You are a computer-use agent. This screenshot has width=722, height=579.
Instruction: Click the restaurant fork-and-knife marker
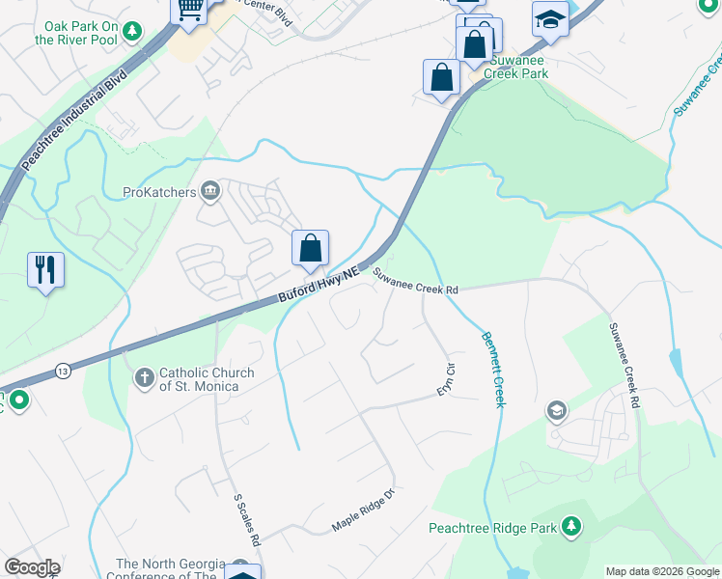(x=45, y=269)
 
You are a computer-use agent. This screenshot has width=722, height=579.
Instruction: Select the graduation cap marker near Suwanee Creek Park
(x=549, y=19)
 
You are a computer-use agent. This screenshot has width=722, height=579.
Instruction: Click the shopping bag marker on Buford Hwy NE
(x=311, y=249)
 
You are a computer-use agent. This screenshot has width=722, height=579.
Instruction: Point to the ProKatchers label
(x=159, y=192)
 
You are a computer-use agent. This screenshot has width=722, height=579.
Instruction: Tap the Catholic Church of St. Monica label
(x=207, y=379)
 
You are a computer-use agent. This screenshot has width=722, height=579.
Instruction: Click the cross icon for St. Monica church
(x=144, y=378)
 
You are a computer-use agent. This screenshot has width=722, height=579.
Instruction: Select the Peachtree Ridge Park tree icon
(x=571, y=527)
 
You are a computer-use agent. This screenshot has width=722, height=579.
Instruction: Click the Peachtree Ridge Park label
(x=492, y=528)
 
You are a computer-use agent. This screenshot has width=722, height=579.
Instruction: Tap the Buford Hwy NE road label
(x=319, y=287)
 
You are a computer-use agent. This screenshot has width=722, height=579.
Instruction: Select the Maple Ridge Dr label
(x=364, y=510)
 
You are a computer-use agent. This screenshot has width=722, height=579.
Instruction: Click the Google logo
(x=32, y=567)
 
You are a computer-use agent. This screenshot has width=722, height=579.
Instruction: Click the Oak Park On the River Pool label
(x=77, y=34)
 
